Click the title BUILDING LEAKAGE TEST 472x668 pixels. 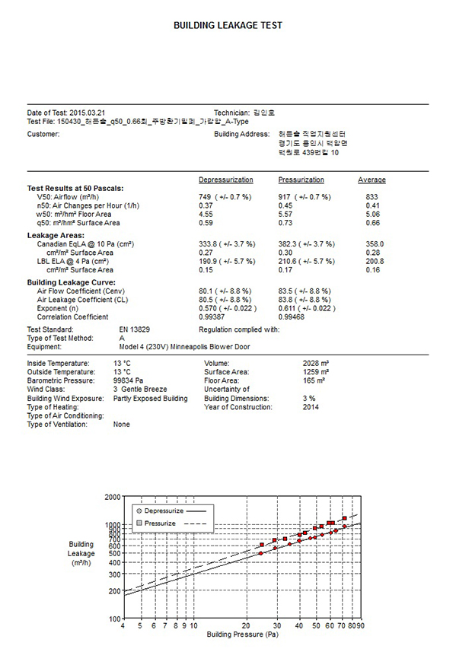pos(228,25)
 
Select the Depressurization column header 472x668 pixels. pos(225,180)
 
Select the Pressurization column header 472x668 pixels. pos(301,180)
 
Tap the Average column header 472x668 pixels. pos(372,180)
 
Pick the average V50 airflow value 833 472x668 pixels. pos(372,197)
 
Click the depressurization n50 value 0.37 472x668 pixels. pos(206,205)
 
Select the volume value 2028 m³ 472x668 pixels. pos(315,363)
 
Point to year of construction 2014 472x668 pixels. pos(311,407)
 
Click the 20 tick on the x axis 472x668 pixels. pos(246,625)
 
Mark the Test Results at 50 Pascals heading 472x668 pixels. pos(75,188)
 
